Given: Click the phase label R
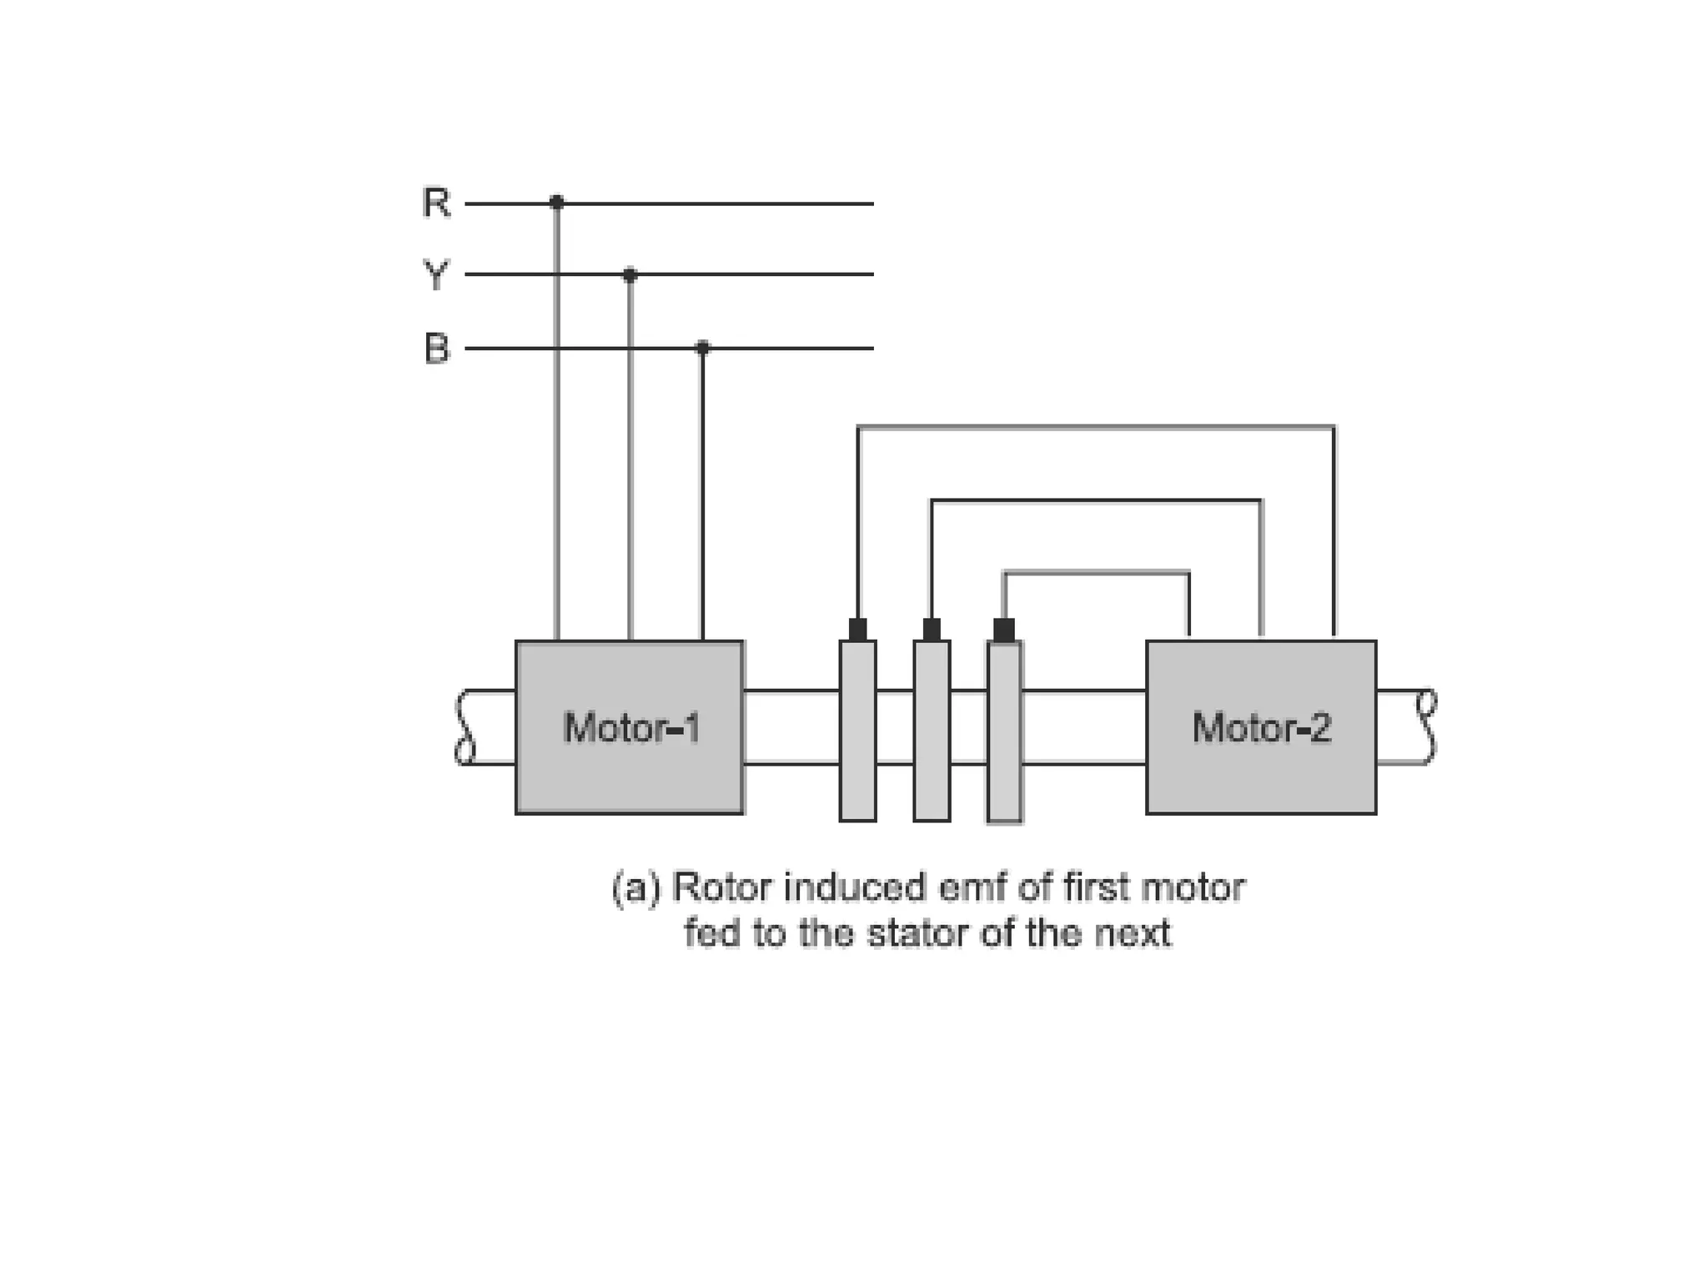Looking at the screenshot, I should (x=436, y=203).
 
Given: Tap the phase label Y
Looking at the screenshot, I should (x=436, y=274).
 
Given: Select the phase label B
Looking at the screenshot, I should (x=436, y=348).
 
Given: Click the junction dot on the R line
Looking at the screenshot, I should (x=556, y=203).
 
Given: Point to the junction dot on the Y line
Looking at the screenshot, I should (x=630, y=274).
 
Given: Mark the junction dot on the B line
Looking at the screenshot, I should (x=702, y=347).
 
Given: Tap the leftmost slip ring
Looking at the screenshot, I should (x=857, y=731).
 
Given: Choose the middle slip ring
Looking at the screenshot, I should (x=932, y=731).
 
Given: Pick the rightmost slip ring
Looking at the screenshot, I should (x=1005, y=731).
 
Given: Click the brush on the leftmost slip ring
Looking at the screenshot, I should (x=857, y=630).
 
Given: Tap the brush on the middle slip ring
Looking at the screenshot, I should (x=932, y=630).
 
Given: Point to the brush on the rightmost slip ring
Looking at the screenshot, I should (x=1004, y=630).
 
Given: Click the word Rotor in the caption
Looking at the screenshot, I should (x=721, y=887).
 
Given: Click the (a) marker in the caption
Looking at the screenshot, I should (x=635, y=887).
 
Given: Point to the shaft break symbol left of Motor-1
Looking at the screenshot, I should (x=465, y=727).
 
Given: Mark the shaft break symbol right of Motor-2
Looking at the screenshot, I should (x=1427, y=727).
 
